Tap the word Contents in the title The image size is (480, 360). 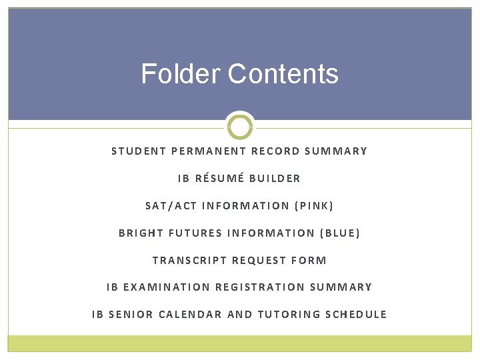pos(283,73)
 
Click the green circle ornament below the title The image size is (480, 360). pos(240,126)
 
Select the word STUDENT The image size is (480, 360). pos(139,151)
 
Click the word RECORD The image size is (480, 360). pos(276,151)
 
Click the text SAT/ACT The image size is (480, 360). pos(171,205)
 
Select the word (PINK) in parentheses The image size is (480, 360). pos(313,205)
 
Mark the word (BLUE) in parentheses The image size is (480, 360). pos(340,233)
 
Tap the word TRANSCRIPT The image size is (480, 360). pos(189,260)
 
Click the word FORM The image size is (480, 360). pos(309,260)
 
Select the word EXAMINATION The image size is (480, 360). pos(167,287)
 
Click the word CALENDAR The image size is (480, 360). pos(190,315)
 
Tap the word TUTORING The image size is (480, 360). pos(289,315)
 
